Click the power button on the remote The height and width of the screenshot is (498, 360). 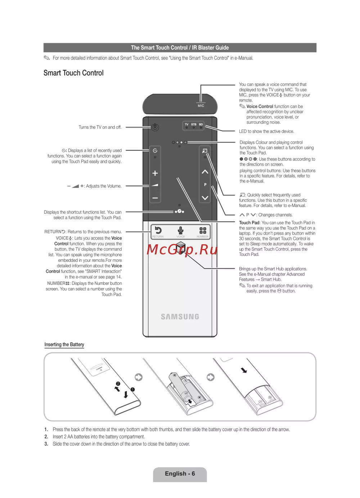click(155, 127)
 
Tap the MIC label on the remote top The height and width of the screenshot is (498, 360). click(201, 105)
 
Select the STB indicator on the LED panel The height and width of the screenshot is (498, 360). click(194, 124)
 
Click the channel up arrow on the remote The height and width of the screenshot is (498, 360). click(205, 172)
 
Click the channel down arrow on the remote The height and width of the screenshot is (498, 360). click(205, 198)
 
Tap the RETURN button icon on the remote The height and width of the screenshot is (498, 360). click(158, 230)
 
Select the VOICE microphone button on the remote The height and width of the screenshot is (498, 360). click(180, 230)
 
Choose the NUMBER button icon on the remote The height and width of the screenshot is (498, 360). click(203, 230)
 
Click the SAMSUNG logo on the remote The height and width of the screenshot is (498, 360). click(180, 317)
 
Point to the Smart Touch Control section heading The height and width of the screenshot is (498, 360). click(73, 73)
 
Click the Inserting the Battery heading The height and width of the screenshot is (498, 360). click(64, 344)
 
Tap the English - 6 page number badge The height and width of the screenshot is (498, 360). click(180, 474)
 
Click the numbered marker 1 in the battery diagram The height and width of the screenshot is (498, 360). click(132, 389)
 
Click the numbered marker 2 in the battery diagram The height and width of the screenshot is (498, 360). click(118, 384)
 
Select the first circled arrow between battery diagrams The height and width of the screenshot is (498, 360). click(138, 377)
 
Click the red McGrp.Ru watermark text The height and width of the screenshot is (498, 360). click(182, 249)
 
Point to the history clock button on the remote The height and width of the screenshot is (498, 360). click(155, 150)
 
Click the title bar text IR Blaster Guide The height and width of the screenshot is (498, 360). click(210, 47)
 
